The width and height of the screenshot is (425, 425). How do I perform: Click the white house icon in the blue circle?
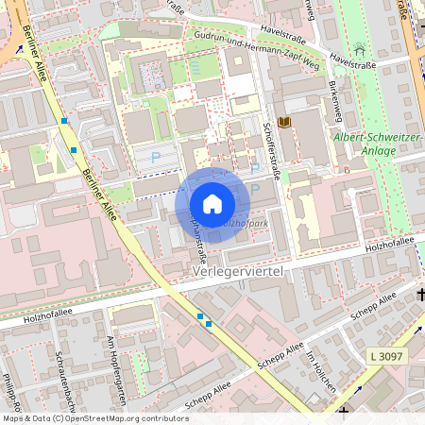tap(212, 204)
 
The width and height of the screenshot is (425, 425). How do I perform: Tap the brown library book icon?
tap(283, 122)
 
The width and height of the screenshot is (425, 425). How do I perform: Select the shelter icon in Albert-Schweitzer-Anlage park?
tap(359, 48)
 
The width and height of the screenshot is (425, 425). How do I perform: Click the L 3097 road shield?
tap(386, 355)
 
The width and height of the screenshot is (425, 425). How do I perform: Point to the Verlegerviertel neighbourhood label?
tap(237, 271)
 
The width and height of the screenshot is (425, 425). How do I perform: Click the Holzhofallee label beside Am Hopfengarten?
tap(33, 319)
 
